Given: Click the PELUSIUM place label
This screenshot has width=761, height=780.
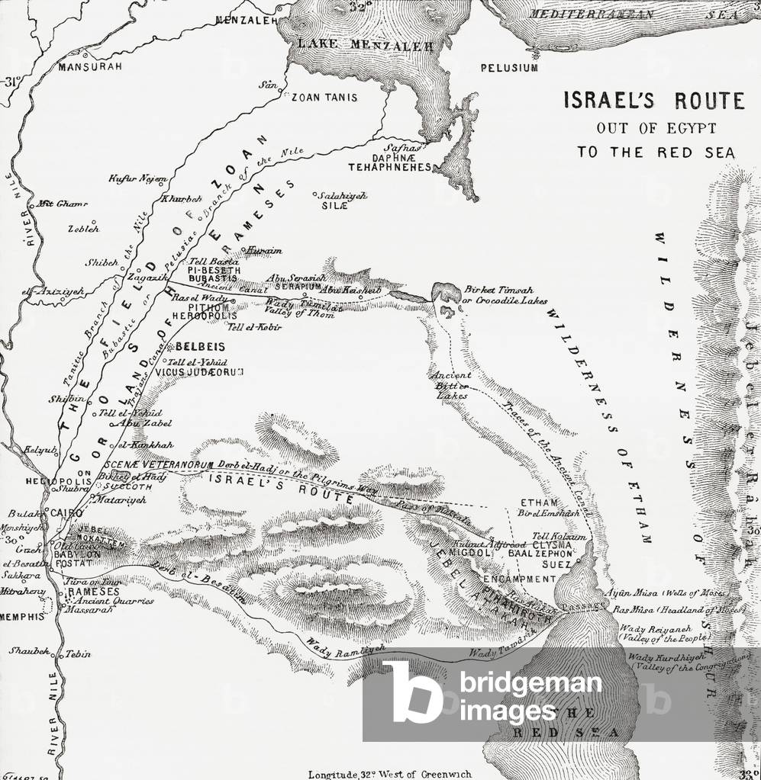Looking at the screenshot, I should click(509, 68).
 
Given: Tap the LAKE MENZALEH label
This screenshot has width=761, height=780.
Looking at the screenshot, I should click(365, 47).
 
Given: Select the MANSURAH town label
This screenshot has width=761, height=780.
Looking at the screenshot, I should click(90, 67).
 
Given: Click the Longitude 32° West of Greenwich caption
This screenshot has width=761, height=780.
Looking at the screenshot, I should click(390, 773).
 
